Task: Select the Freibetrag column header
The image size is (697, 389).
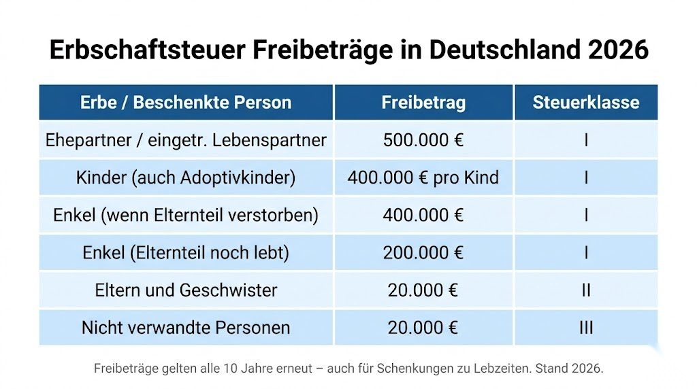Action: tap(423, 103)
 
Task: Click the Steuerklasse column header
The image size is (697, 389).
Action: tap(585, 103)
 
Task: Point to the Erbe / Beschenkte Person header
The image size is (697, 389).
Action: tap(186, 103)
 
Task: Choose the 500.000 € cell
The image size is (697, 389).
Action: tap(423, 140)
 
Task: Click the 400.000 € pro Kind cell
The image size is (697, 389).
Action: tap(423, 177)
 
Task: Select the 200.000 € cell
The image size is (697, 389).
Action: tap(423, 253)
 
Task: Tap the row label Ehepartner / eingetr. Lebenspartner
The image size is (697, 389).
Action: tap(186, 140)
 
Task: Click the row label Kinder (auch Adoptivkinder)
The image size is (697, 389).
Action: tap(186, 177)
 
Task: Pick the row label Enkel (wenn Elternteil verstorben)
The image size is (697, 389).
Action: tap(186, 216)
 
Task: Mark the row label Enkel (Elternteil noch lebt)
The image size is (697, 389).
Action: tap(186, 253)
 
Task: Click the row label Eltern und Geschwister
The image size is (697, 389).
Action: tap(186, 290)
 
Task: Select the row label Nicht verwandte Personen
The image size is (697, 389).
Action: tap(186, 327)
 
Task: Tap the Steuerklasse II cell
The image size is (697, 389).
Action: tap(585, 290)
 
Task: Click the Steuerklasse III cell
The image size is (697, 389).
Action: tap(585, 327)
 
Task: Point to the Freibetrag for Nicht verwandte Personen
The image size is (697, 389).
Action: tap(423, 327)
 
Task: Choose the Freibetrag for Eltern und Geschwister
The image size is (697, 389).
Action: tap(423, 290)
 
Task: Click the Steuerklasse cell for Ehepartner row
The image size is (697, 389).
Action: tap(585, 140)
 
